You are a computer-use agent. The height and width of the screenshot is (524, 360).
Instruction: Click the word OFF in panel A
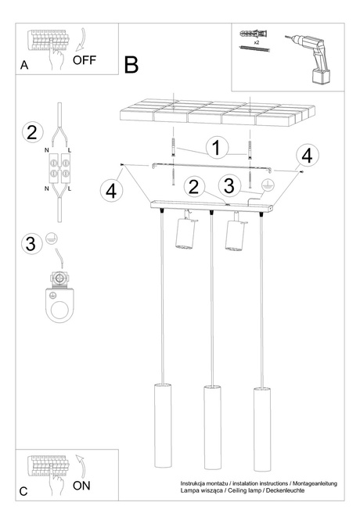(85, 59)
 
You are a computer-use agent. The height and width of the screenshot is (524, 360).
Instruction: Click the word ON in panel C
(81, 486)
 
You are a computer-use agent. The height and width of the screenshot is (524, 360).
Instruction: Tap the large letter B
(131, 65)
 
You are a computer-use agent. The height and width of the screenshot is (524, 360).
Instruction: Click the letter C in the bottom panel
(23, 492)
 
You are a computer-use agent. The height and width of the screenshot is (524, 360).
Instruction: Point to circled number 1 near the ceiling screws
(218, 146)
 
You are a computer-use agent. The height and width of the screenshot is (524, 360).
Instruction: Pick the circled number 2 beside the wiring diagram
(31, 132)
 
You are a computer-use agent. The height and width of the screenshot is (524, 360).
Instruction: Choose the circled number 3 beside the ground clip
(31, 243)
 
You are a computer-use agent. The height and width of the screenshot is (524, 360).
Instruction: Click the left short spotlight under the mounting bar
(184, 235)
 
